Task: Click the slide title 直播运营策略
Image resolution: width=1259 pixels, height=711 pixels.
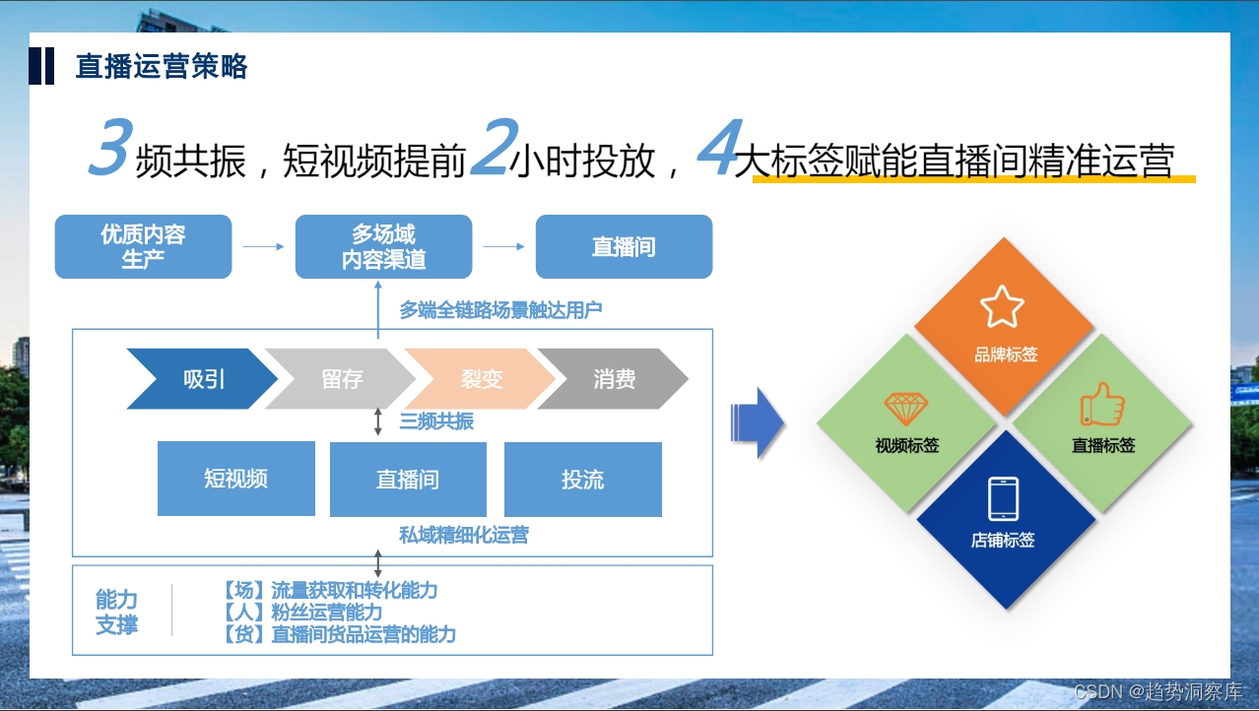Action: pyautogui.click(x=162, y=67)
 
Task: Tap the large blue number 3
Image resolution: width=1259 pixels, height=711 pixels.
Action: pyautogui.click(x=109, y=149)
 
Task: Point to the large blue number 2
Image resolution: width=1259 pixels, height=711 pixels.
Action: pyautogui.click(x=490, y=149)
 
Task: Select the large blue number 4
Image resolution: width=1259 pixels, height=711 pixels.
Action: pyautogui.click(x=717, y=149)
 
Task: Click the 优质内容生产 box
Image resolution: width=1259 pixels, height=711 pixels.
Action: pyautogui.click(x=143, y=246)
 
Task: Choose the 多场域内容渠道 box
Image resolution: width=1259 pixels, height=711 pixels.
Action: pyautogui.click(x=383, y=246)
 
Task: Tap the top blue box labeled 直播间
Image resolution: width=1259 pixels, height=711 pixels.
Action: pyautogui.click(x=624, y=246)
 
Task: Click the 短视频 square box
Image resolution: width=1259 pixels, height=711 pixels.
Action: pyautogui.click(x=236, y=480)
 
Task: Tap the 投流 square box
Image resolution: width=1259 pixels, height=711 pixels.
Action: pyautogui.click(x=582, y=480)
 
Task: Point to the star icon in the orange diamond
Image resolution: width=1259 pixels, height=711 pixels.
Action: pyautogui.click(x=1003, y=307)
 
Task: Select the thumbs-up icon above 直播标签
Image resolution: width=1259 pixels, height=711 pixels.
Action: pyautogui.click(x=1101, y=404)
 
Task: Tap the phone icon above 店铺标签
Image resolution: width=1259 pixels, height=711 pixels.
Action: pyautogui.click(x=1003, y=498)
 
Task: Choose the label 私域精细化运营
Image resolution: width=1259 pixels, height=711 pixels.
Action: pyautogui.click(x=464, y=536)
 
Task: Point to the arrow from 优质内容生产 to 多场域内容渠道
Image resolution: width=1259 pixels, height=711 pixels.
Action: pyautogui.click(x=263, y=246)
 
